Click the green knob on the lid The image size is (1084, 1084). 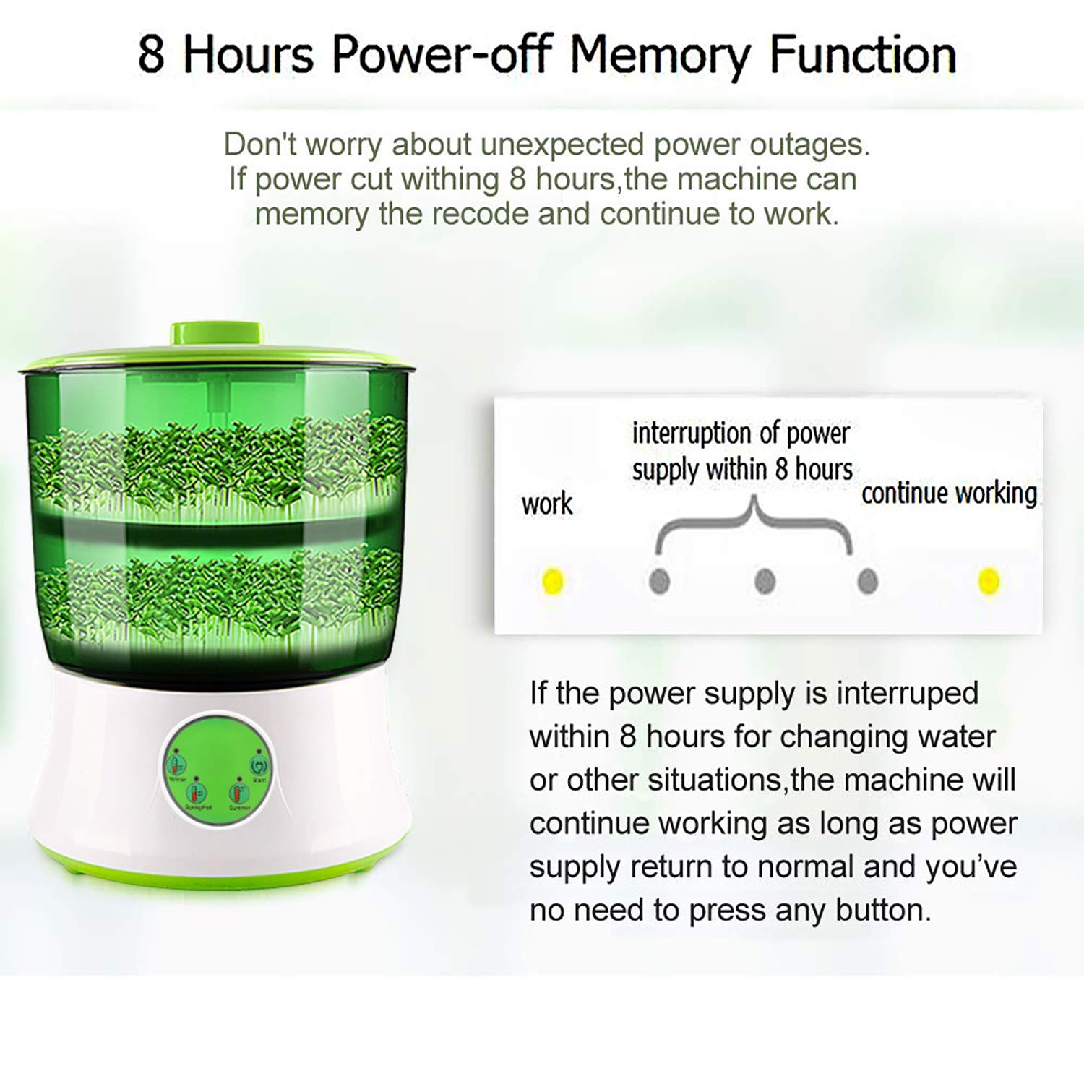click(217, 333)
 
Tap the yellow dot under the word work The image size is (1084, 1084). click(552, 581)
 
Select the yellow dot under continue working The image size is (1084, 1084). click(988, 581)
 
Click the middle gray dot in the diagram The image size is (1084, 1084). click(765, 581)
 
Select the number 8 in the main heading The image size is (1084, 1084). click(150, 55)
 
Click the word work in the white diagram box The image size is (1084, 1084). click(547, 504)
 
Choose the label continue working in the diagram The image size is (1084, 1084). click(949, 494)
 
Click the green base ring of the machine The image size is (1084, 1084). click(217, 876)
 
